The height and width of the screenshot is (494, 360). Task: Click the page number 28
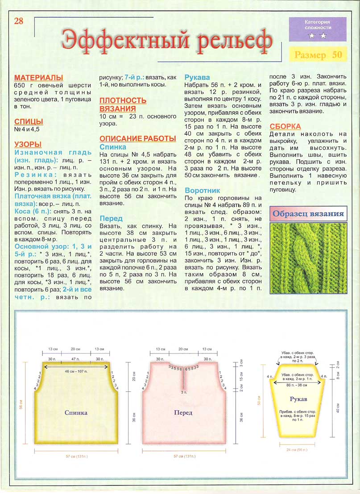click(x=19, y=21)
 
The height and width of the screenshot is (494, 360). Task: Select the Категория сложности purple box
click(x=317, y=29)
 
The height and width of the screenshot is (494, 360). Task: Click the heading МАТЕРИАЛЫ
click(x=38, y=78)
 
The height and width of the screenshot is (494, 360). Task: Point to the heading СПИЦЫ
click(x=29, y=121)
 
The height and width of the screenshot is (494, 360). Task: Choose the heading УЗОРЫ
click(x=28, y=144)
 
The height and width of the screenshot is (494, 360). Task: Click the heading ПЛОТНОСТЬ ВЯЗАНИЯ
click(x=123, y=104)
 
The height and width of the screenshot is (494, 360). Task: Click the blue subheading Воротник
click(x=202, y=190)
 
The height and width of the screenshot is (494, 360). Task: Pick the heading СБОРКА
click(x=285, y=126)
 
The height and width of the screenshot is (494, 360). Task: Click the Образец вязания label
click(x=308, y=213)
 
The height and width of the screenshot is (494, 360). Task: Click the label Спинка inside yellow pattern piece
click(x=76, y=413)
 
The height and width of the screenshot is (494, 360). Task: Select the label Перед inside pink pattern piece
click(x=183, y=413)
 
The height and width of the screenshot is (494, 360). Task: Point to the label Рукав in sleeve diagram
click(x=298, y=398)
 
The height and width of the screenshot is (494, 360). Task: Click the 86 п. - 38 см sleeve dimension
click(x=299, y=383)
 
